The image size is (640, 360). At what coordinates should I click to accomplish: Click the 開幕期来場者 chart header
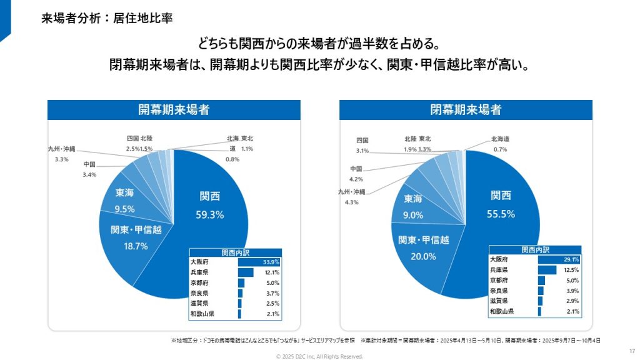[174, 110]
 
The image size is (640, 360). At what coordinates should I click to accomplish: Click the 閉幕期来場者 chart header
[466, 110]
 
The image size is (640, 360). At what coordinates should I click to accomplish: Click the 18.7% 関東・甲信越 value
[136, 246]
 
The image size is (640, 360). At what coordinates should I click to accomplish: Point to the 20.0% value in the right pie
[423, 256]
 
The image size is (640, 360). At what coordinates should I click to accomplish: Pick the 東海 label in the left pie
[124, 193]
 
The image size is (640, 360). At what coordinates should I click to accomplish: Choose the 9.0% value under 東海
[412, 215]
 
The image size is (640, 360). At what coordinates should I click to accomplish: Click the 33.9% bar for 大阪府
[259, 262]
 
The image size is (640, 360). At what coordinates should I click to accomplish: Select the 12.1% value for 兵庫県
[272, 272]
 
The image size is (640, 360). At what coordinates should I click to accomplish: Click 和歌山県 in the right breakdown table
[502, 311]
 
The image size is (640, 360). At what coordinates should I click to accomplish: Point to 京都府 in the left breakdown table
[200, 283]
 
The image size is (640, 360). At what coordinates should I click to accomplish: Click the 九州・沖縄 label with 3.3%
[61, 149]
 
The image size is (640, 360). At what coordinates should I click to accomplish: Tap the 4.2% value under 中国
[357, 179]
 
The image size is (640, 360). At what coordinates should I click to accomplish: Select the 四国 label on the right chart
[362, 141]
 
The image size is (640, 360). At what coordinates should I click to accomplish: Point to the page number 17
[631, 350]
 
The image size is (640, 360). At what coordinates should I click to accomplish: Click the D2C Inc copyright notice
[319, 356]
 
